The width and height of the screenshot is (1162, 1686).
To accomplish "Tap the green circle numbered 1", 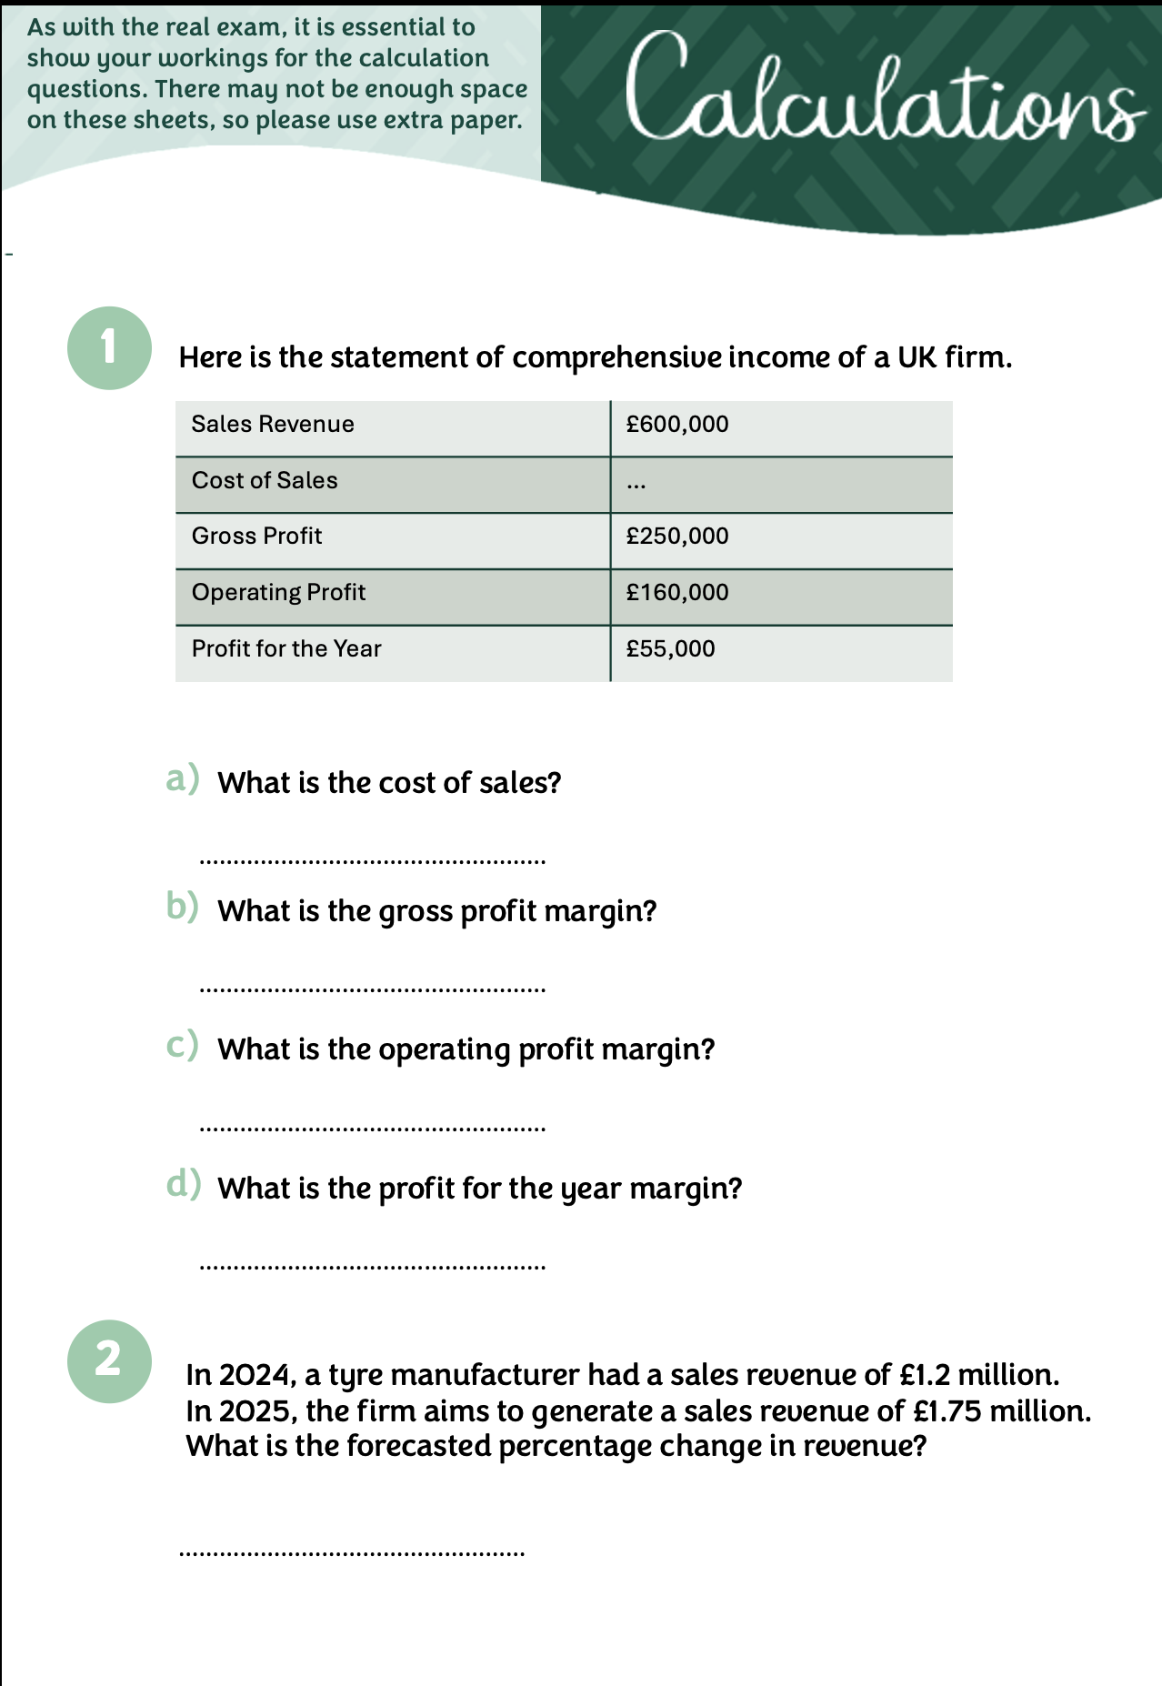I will tap(109, 348).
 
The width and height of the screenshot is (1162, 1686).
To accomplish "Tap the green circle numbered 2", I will tap(109, 1360).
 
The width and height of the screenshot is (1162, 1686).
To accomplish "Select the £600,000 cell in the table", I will tap(677, 425).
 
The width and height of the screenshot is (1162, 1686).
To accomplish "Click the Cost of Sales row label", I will tap(265, 481).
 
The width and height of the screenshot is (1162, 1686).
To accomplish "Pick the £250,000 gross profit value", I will tap(677, 537).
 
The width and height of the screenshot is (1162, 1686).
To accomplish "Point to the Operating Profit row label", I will tap(278, 593).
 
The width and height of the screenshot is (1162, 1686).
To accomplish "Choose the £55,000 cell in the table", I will tap(670, 649).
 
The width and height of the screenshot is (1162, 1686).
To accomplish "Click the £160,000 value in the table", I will tap(677, 593).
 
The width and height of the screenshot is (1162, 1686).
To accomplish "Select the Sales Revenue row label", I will tap(273, 425).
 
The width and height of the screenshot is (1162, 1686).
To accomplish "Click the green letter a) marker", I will tap(183, 779).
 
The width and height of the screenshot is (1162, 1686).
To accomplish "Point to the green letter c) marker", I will tap(182, 1046).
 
